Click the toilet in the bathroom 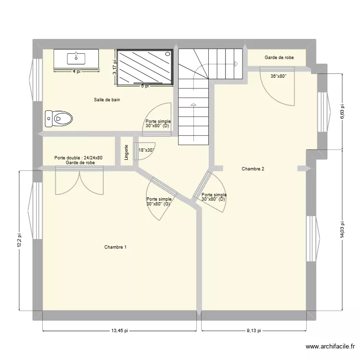(59, 118)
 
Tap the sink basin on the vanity (76, 59)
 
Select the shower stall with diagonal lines (145, 67)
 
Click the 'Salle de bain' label (107, 100)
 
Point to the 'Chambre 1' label (116, 247)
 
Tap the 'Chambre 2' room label (253, 168)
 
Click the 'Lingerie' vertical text (126, 152)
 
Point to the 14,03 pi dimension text (342, 229)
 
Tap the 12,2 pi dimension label (19, 240)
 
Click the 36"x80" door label (278, 76)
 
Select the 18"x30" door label (145, 150)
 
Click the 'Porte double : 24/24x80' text (78, 157)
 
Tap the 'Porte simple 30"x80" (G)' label (159, 202)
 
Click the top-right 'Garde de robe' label (279, 58)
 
